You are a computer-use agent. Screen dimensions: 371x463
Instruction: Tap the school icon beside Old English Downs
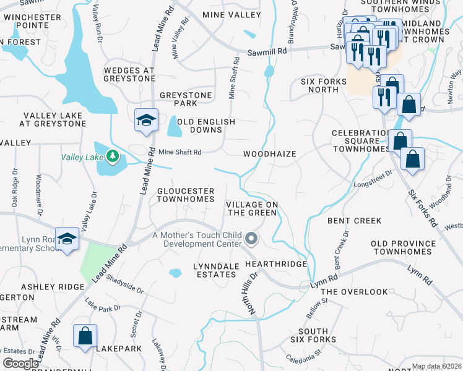146,120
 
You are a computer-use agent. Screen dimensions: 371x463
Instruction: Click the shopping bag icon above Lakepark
85,336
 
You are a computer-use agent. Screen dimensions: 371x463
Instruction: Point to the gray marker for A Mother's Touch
251,238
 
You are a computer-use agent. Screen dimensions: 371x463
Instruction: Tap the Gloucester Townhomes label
185,195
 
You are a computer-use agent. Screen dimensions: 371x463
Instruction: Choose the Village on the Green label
251,208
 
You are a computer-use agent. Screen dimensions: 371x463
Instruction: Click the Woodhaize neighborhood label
269,154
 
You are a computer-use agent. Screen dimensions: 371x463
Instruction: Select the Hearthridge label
276,264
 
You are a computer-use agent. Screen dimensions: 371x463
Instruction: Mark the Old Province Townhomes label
402,247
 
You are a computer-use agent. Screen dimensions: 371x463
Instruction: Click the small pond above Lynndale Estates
176,272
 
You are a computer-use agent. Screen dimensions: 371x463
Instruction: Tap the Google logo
20,364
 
